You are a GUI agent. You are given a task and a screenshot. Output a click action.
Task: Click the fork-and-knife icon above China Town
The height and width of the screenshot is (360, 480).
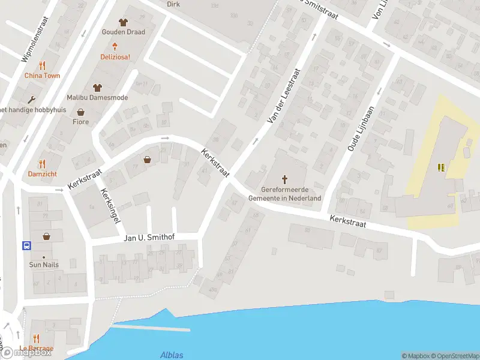coord(42,65)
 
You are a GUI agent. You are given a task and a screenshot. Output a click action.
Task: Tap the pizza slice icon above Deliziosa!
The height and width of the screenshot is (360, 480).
coord(113,46)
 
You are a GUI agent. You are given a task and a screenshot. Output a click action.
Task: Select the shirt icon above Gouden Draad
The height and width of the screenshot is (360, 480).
coord(124,22)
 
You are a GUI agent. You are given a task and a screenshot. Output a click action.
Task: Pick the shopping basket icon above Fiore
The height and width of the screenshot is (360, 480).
coord(80,112)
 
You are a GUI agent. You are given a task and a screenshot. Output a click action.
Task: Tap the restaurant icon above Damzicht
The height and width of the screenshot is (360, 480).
coord(42,164)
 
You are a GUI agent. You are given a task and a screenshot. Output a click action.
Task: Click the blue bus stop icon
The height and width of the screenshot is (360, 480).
coord(27,245)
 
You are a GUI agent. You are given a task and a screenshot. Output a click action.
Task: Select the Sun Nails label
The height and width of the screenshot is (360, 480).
coord(44,265)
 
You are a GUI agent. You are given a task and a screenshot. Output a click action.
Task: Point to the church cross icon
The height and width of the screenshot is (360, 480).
coord(284,179)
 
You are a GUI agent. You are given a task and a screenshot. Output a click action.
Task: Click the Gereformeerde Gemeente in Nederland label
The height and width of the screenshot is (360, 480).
coord(284,194)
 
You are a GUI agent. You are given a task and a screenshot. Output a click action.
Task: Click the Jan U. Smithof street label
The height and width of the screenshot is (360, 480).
coord(149,238)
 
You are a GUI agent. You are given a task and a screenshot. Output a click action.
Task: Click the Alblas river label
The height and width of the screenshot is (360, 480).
coord(172,355)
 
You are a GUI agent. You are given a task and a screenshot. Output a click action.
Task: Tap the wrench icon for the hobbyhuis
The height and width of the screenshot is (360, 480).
coord(31,100)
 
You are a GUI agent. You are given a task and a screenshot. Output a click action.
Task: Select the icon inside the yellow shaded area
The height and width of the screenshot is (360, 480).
coord(443,168)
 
